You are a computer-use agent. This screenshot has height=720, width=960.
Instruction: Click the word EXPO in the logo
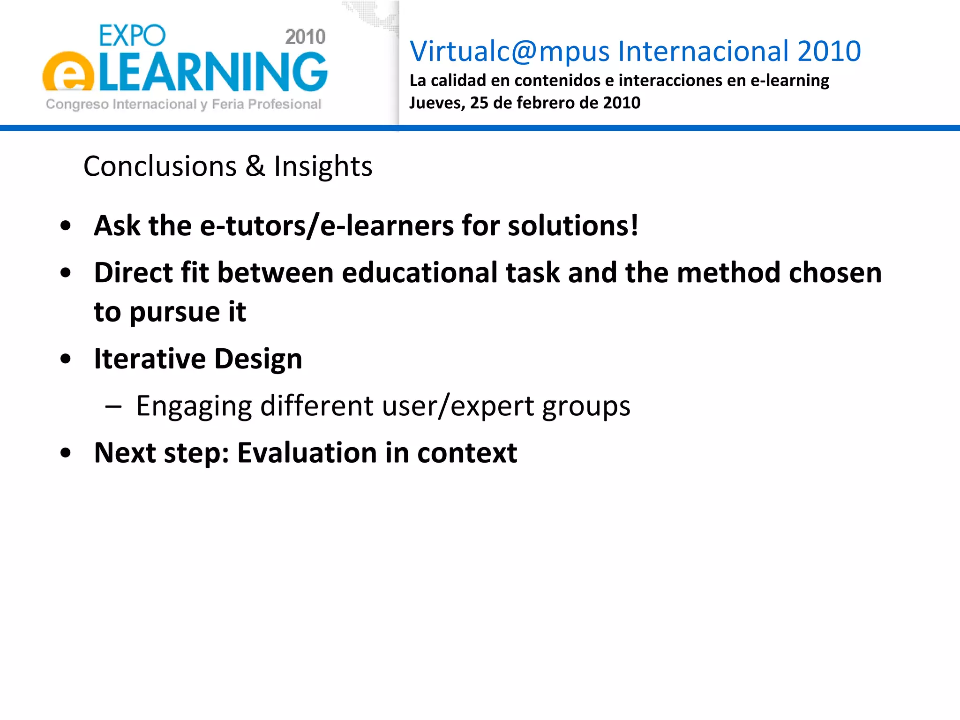coord(132,36)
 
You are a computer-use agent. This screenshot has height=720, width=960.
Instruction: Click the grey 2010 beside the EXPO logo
coord(305,37)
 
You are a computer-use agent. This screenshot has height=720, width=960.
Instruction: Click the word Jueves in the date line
coord(436,103)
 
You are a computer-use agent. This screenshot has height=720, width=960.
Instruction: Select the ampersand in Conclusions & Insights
coord(255,166)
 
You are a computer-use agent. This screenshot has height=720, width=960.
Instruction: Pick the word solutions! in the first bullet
coord(573,226)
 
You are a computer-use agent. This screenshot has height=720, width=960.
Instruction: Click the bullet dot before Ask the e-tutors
coord(66,226)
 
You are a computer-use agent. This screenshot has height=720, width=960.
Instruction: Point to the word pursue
coord(174,313)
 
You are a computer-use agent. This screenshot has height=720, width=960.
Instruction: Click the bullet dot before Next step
coord(66,453)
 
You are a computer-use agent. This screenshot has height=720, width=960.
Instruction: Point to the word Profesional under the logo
coord(284,104)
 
